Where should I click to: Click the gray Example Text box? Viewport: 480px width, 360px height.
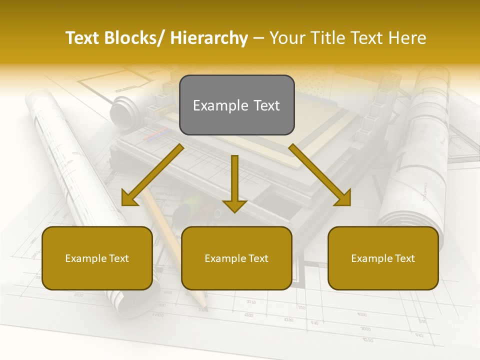pos(236,105)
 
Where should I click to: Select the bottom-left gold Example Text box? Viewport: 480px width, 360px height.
pos(97,258)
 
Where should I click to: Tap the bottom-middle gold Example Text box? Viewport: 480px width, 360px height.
pos(236,258)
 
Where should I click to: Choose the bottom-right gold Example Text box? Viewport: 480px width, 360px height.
pos(383,258)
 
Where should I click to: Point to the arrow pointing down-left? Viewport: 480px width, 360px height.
pos(152,174)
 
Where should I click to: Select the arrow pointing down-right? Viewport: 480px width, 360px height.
pos(320,174)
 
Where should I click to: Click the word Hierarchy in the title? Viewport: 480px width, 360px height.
pos(209,38)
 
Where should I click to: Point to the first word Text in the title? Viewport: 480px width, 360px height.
pos(83,38)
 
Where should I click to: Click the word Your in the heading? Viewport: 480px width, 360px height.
pos(286,38)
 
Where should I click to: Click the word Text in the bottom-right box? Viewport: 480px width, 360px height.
pos(403,258)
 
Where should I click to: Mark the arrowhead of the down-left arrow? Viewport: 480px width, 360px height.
pos(128,199)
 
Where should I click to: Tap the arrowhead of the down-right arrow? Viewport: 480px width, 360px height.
pos(344,199)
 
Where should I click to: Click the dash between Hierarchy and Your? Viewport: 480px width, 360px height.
pos(258,38)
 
